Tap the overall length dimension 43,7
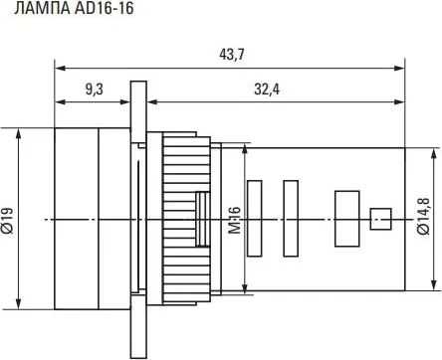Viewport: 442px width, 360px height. pyautogui.click(x=231, y=55)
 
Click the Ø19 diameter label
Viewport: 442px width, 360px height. pyautogui.click(x=8, y=218)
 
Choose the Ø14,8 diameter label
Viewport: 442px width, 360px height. pyautogui.click(x=424, y=218)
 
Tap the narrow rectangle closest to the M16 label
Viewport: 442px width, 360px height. pyautogui.click(x=254, y=217)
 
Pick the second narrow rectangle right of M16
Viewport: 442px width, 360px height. pyautogui.click(x=291, y=217)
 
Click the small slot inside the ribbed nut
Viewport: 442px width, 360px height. pyautogui.click(x=201, y=217)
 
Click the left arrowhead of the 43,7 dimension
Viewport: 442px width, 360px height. pyautogui.click(x=59, y=68)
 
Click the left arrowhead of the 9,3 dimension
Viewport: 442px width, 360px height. pyautogui.click(x=59, y=101)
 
